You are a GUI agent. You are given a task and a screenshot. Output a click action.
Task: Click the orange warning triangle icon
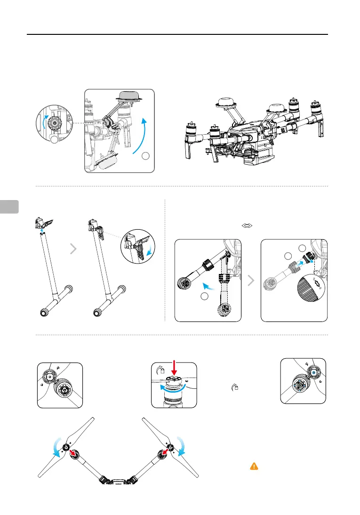pos(254,466)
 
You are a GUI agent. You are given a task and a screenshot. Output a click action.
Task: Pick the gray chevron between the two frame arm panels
pos(251,281)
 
